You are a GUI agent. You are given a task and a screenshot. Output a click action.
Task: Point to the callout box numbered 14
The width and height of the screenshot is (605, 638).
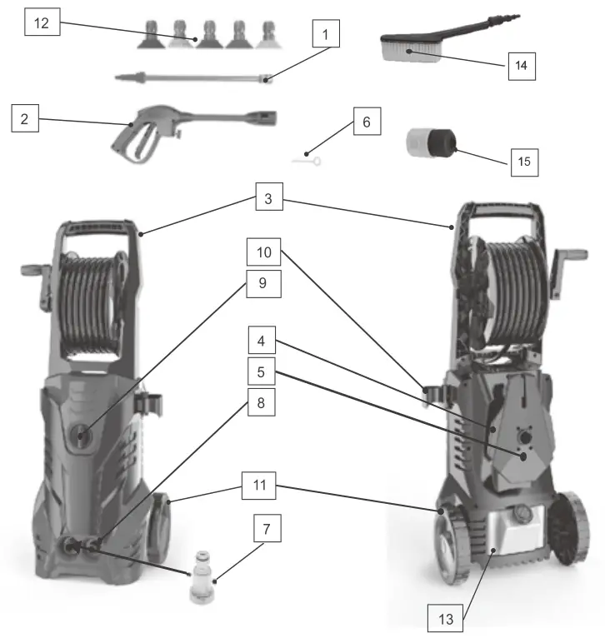(x=521, y=63)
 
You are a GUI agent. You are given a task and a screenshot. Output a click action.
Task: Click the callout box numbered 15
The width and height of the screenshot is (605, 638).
(x=524, y=160)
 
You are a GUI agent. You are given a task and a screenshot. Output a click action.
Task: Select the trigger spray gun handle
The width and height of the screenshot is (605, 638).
(x=134, y=137)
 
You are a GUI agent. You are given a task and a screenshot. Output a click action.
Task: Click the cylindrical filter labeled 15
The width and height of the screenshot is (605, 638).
(x=428, y=143)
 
